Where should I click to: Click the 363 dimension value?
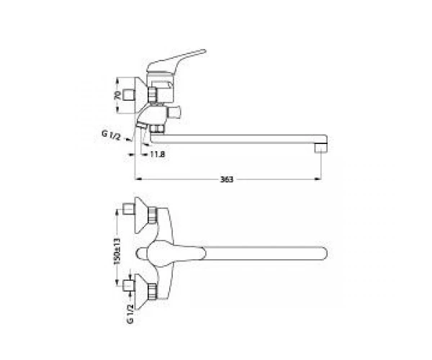tap(227, 179)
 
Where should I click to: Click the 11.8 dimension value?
tap(158, 154)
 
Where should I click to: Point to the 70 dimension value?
tap(117, 95)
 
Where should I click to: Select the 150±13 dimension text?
tap(117, 251)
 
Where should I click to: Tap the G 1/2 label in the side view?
tap(111, 135)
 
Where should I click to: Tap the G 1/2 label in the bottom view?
tap(130, 314)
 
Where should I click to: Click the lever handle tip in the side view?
tap(204, 51)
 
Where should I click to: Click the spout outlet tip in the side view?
tap(320, 149)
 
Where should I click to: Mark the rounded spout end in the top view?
tap(325, 253)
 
